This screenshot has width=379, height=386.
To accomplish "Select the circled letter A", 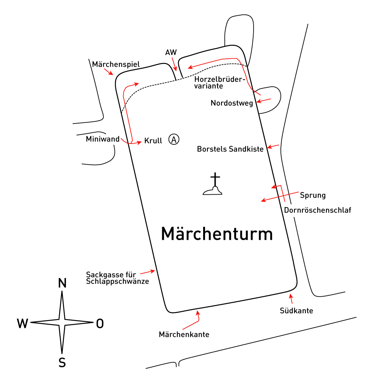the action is pyautogui.click(x=174, y=139).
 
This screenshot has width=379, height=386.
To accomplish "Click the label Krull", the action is pyautogui.click(x=153, y=141).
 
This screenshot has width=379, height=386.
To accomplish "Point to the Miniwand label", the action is pyautogui.click(x=103, y=139).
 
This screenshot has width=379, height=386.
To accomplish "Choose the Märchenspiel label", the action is pyautogui.click(x=116, y=64).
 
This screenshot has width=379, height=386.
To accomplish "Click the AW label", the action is pyautogui.click(x=171, y=52).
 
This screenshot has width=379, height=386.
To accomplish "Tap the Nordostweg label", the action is pyautogui.click(x=232, y=103).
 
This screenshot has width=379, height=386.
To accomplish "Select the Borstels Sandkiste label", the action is pyautogui.click(x=230, y=149).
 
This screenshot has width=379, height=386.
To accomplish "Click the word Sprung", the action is pyautogui.click(x=313, y=195).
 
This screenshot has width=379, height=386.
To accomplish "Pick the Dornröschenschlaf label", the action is pyautogui.click(x=318, y=210).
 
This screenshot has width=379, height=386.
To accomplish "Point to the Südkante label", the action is pyautogui.click(x=296, y=311).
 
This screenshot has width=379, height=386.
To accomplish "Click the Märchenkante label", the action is pyautogui.click(x=184, y=334).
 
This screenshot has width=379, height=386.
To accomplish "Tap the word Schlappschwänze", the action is pyautogui.click(x=117, y=281).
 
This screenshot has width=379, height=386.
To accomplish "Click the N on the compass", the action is pyautogui.click(x=62, y=283).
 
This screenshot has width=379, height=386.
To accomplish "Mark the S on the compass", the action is pyautogui.click(x=62, y=363).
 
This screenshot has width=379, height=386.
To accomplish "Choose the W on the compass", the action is pyautogui.click(x=22, y=323).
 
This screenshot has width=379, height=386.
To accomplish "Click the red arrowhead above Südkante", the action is pyautogui.click(x=291, y=296).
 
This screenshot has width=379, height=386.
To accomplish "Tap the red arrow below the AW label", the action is pyautogui.click(x=174, y=64).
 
